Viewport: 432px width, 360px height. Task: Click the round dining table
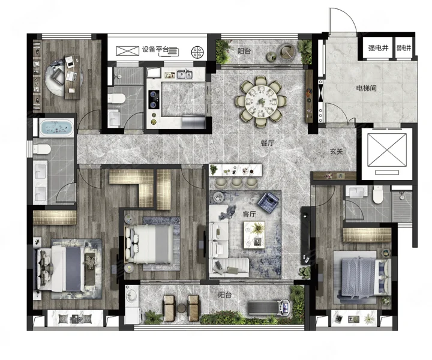tap(260, 101)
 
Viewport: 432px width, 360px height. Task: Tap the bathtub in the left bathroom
tap(56, 128)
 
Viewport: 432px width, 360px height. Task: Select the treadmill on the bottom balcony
tap(269, 307)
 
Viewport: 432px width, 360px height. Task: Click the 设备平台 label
tap(155, 50)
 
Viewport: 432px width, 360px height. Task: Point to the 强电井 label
tap(378, 48)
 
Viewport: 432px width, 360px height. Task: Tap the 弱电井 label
tap(404, 48)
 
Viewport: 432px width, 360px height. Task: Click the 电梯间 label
tap(366, 88)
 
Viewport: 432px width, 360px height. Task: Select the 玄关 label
tap(336, 151)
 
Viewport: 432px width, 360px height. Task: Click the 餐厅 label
tap(268, 143)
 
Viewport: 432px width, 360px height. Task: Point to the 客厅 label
tap(250, 214)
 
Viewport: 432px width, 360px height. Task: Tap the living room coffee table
tap(254, 235)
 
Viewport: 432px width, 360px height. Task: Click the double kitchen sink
tap(185, 74)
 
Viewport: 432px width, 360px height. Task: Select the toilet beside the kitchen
tap(116, 98)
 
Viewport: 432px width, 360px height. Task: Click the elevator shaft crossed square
tap(387, 150)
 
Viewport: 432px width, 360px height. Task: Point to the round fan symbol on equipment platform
tap(197, 52)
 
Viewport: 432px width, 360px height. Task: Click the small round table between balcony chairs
tap(182, 308)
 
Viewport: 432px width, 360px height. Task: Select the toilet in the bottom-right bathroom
tap(378, 195)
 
